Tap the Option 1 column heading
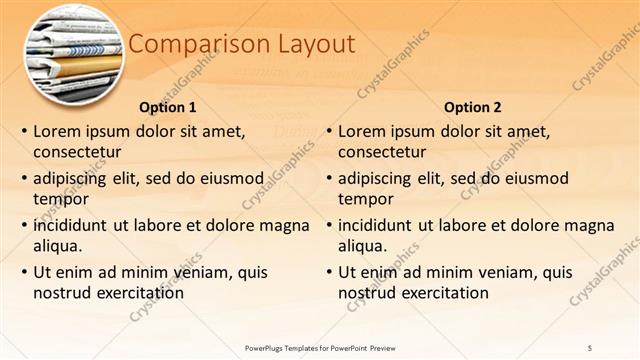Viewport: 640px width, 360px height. [x=168, y=107]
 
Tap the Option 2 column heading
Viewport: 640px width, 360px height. [x=473, y=107]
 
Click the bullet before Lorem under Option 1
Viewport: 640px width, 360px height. [x=23, y=131]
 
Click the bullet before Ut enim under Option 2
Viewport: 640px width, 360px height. [x=328, y=272]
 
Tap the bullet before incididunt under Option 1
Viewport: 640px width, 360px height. [x=23, y=225]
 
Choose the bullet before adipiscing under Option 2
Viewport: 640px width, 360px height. [x=328, y=178]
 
